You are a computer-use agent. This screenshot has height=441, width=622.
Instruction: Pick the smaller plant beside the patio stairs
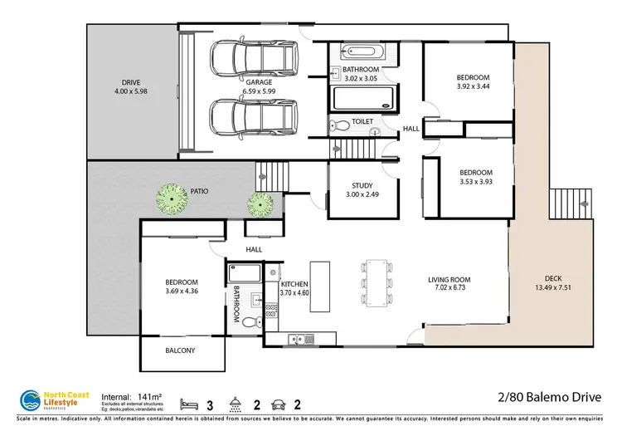260,203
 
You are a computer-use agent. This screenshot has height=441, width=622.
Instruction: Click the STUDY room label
362,186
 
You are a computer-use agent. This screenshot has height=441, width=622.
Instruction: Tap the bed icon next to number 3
190,405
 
